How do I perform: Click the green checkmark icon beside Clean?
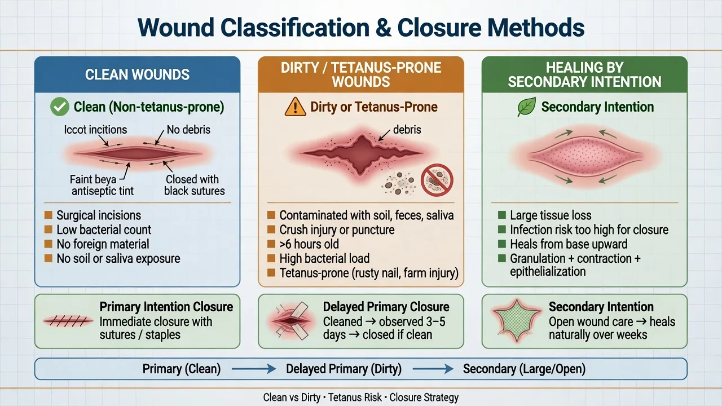(x=60, y=107)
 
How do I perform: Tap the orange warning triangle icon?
(x=295, y=107)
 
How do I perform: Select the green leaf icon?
(x=527, y=107)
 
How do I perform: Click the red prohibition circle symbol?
(x=437, y=180)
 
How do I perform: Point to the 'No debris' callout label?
(x=188, y=130)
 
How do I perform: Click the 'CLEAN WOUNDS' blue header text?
(x=137, y=75)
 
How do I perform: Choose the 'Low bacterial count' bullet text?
(x=104, y=230)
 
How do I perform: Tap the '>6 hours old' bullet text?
(x=309, y=244)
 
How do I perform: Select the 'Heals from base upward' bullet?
(x=569, y=244)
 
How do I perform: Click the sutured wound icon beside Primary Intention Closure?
(x=68, y=321)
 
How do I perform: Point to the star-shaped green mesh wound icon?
(x=516, y=320)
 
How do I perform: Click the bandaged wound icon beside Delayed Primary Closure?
(x=292, y=321)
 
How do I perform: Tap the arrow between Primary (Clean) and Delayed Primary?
(x=254, y=369)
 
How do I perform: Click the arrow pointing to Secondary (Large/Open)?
(x=433, y=369)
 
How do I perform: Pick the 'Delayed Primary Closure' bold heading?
(x=386, y=307)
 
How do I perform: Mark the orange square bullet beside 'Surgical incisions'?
(x=49, y=215)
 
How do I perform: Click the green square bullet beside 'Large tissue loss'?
(x=502, y=215)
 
